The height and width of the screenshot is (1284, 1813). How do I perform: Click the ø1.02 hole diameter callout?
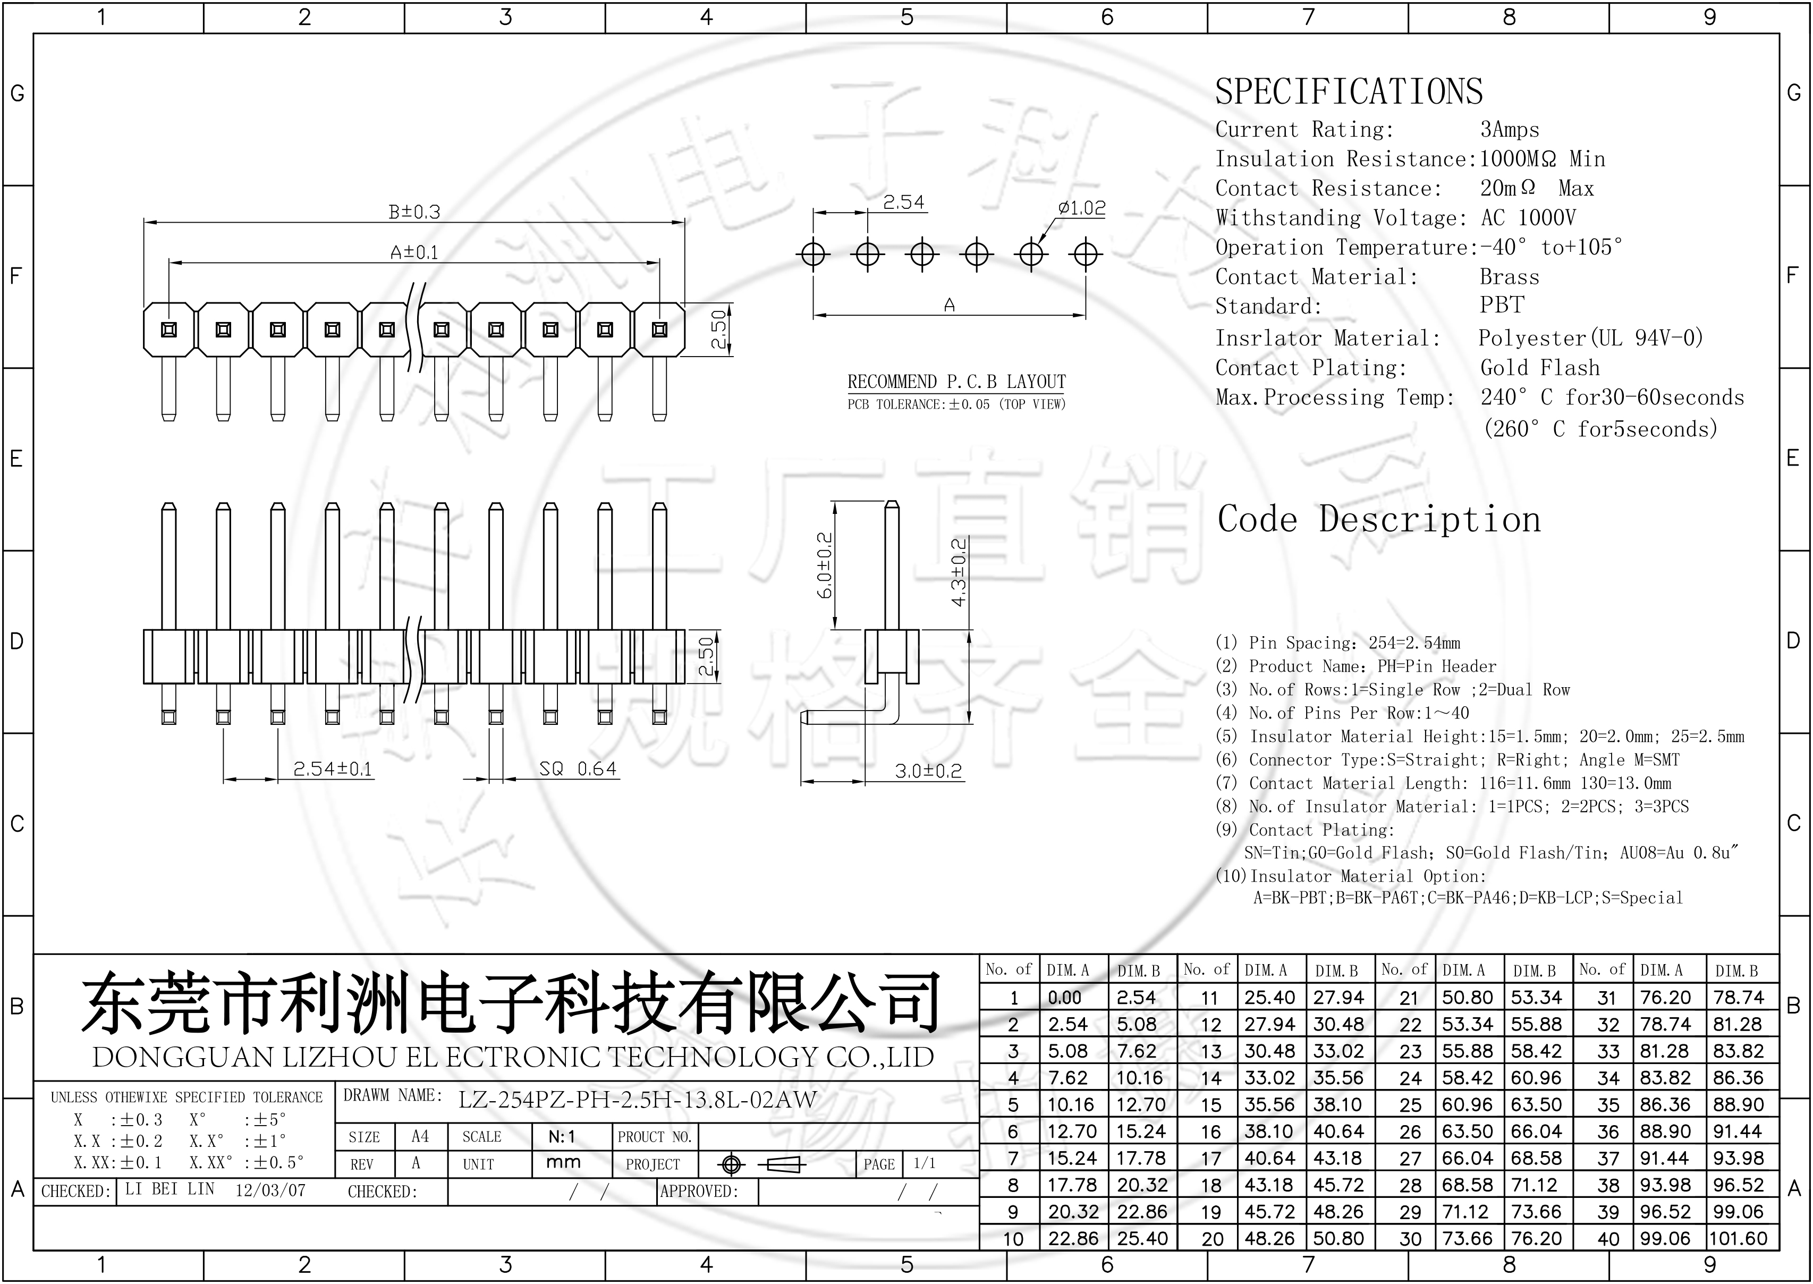click(1081, 208)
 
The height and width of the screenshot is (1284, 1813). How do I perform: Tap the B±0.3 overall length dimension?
click(414, 212)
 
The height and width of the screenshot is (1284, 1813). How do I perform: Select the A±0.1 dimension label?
click(414, 252)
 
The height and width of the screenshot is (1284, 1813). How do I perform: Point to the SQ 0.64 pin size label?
click(577, 768)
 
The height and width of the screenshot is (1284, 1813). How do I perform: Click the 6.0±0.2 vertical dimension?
click(824, 565)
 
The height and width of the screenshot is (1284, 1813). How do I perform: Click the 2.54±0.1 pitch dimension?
click(332, 768)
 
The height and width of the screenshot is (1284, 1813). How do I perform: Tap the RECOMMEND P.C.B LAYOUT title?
click(956, 382)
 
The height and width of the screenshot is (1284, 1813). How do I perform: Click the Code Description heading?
click(1379, 519)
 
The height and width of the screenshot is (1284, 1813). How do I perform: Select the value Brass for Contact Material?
click(1509, 277)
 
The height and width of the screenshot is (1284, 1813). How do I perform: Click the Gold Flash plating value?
click(1539, 368)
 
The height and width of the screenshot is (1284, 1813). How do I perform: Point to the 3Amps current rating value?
click(1509, 130)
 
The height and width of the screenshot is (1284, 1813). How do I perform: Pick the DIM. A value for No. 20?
click(1269, 1238)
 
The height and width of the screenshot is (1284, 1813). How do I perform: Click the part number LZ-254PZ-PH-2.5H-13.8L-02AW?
click(637, 1099)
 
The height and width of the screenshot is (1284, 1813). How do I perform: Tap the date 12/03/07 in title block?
click(270, 1190)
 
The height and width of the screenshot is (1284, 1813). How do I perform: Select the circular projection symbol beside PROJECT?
click(731, 1164)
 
